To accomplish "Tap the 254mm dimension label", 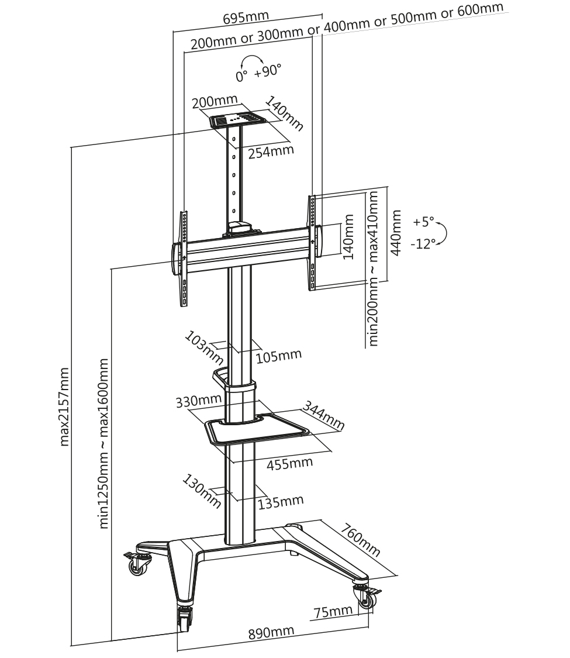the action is coord(271,151).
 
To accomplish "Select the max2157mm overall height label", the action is coord(64,406).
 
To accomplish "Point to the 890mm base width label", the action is coord(271,632).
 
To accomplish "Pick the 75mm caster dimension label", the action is coord(333,611).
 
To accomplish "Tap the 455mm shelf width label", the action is coord(290,463).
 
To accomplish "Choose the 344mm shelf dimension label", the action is coord(323,416).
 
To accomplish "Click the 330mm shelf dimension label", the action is coord(198,401).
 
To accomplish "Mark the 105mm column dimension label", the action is coord(279,356).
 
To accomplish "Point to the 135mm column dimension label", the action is coord(281,501).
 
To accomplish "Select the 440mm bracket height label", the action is coord(396,233).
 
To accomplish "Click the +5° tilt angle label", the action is coord(424,221).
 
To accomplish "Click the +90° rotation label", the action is coord(268,70).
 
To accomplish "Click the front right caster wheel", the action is coord(367,597).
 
